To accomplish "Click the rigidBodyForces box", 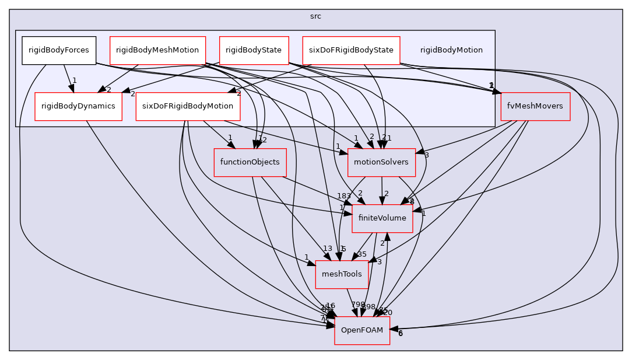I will (x=59, y=50).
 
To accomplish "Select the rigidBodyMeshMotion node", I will (x=157, y=50).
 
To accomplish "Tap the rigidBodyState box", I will (x=254, y=50).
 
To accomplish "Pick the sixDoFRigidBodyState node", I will (x=351, y=50).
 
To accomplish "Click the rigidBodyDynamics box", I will (x=78, y=106).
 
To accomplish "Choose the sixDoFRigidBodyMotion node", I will (x=187, y=106).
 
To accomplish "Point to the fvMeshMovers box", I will (x=535, y=106).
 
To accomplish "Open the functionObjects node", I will (x=250, y=162).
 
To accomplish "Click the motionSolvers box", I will (x=381, y=162).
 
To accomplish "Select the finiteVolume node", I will (x=382, y=218).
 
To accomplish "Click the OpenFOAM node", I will (x=361, y=330).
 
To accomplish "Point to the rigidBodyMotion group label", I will (x=451, y=50).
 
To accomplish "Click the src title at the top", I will (x=315, y=16).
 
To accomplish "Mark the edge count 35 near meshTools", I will (x=361, y=254).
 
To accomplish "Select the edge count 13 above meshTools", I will (x=328, y=249).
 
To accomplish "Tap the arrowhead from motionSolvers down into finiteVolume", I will (x=382, y=201).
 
